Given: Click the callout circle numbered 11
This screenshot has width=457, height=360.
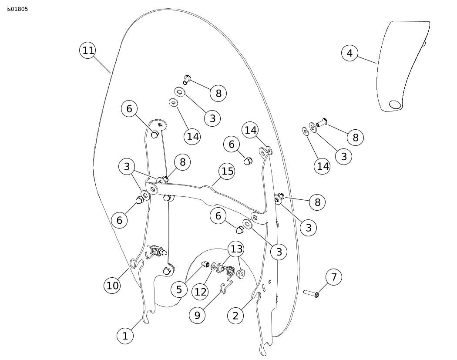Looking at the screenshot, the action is (88, 50).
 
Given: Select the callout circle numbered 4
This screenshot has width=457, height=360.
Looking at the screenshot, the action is (349, 53).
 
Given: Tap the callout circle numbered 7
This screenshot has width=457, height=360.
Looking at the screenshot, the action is (334, 277).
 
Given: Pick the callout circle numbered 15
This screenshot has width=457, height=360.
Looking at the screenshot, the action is (227, 171).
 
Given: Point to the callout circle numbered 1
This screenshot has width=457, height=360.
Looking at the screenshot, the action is (125, 336).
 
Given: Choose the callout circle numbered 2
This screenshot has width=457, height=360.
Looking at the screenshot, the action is (235, 316).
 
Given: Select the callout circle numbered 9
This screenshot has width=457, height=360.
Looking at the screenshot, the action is (197, 315).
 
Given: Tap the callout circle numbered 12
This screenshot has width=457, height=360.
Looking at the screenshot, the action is (200, 292).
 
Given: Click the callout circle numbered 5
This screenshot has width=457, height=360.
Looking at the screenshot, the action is (179, 289).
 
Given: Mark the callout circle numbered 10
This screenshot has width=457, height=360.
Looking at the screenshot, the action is (112, 286).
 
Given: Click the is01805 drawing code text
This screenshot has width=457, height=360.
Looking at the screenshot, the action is (17, 9).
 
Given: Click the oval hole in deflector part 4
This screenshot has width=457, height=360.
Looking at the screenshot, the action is (395, 104).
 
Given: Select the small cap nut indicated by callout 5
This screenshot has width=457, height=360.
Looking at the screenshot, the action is (205, 264).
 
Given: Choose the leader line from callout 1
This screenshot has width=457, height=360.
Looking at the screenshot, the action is (136, 325).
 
